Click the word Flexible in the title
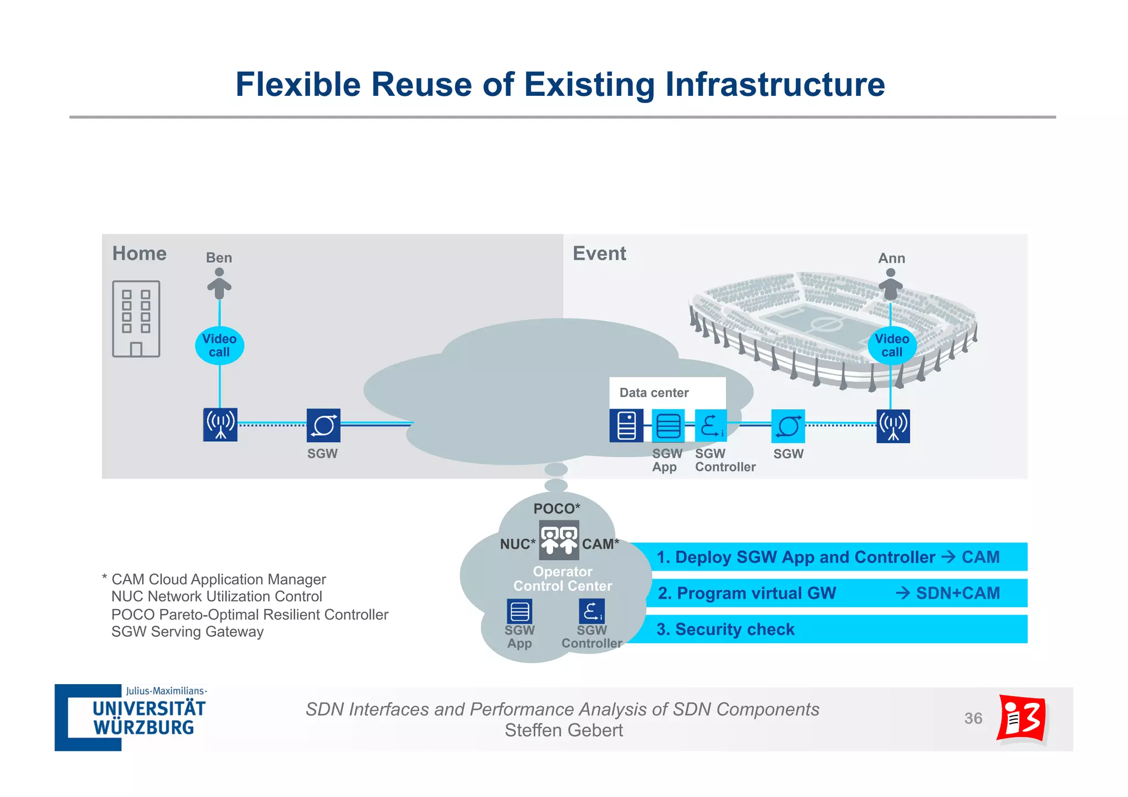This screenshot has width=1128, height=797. click(298, 85)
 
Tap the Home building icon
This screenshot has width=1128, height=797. click(136, 319)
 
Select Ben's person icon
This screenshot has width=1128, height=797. click(219, 283)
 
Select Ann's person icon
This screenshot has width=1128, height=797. click(890, 284)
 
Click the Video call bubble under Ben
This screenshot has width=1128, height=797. click(219, 345)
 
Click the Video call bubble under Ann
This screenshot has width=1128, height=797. click(892, 345)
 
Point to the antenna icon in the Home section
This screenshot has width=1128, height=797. click(220, 425)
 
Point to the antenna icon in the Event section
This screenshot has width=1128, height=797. click(893, 426)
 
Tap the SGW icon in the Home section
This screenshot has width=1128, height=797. click(323, 425)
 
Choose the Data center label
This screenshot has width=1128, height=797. click(654, 393)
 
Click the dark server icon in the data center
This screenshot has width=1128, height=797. click(626, 426)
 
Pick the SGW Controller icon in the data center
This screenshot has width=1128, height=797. click(711, 426)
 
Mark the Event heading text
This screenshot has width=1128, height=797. click(599, 253)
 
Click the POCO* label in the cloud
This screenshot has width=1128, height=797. click(556, 508)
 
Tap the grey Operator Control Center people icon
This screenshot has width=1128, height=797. click(558, 540)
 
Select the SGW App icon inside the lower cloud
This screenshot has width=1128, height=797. click(519, 611)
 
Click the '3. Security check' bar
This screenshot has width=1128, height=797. click(826, 629)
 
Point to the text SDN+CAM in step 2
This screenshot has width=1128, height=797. click(957, 593)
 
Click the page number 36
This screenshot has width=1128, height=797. click(973, 718)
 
